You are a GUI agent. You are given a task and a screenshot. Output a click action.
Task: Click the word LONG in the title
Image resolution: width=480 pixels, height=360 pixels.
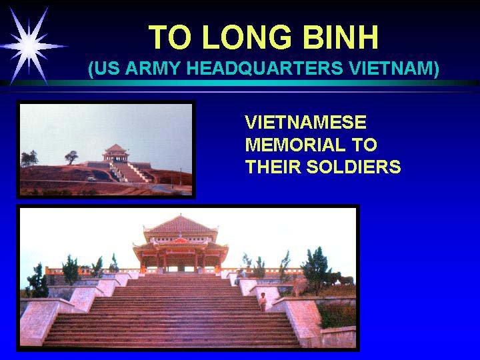coord(247,37)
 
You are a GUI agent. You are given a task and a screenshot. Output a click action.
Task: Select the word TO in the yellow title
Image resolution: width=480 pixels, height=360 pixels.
coord(169,37)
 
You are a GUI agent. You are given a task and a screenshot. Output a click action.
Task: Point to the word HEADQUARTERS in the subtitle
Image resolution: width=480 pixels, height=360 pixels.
coord(265,68)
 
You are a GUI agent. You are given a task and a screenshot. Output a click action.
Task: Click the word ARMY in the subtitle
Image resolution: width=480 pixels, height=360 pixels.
coord(153,68)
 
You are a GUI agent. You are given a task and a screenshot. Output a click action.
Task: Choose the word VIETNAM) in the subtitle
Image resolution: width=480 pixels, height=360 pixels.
coord(395,69)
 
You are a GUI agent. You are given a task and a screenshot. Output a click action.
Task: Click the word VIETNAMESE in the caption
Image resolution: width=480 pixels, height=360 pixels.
coord(306,122)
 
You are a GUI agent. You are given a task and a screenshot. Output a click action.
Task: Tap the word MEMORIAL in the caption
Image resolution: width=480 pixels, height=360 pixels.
coord(295,145)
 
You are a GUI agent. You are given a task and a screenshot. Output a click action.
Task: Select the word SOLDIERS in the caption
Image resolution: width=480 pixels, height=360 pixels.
coord(353,167)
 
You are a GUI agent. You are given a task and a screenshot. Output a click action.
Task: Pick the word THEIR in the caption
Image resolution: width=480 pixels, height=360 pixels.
coord(273,167)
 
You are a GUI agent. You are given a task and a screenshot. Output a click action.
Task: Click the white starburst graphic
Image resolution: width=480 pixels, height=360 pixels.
coord(29,46)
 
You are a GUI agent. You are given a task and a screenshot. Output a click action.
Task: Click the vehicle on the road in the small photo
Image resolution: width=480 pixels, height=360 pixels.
coord(91,179)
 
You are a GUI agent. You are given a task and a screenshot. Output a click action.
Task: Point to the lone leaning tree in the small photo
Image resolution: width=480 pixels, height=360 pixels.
coord(71,157)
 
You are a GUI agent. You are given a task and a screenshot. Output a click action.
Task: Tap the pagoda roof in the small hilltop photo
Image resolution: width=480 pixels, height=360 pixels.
coord(115,149)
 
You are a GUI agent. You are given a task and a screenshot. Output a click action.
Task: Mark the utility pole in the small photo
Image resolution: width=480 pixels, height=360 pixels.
coord(180,176)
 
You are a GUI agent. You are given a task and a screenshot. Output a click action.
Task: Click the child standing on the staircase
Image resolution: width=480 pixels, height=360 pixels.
coord(263,302)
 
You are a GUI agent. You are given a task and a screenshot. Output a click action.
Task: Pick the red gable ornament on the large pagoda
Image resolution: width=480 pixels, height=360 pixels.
coord(179,241)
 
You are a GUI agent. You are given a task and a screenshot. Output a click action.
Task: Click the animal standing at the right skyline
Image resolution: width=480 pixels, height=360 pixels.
coord(345,280)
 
